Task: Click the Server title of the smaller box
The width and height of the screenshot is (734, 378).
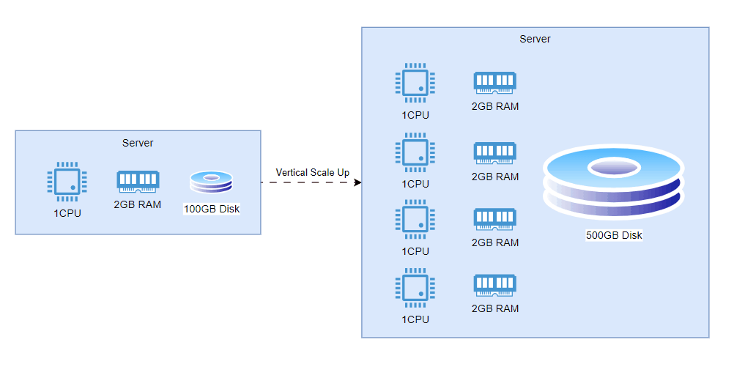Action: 138,143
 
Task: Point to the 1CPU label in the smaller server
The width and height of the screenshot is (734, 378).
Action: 67,214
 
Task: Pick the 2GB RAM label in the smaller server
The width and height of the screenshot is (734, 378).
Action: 138,205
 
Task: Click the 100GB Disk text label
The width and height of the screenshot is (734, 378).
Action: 211,210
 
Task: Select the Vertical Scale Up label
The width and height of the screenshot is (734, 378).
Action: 312,172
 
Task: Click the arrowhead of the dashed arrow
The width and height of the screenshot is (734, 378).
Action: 357,182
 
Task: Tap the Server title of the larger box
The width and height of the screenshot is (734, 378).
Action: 535,39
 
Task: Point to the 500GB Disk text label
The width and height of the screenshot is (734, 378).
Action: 614,236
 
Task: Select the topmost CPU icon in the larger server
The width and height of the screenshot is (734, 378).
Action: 415,82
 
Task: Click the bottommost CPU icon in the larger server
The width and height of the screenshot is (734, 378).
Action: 415,287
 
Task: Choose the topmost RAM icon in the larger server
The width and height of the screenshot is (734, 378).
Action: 495,82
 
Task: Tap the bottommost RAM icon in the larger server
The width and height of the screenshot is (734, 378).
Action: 495,286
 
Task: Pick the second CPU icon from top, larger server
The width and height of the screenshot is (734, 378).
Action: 415,152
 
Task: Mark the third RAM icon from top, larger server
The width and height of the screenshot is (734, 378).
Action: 495,219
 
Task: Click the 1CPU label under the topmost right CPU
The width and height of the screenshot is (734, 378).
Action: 415,115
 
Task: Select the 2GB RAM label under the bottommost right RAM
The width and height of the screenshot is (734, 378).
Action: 495,308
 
